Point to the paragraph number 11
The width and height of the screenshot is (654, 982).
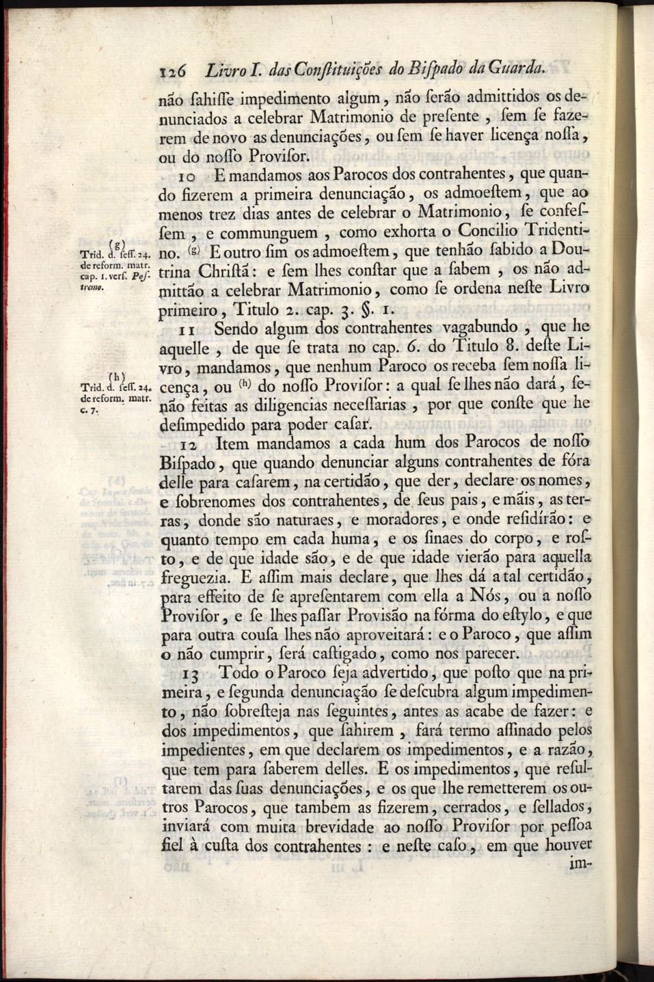coord(189,329)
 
